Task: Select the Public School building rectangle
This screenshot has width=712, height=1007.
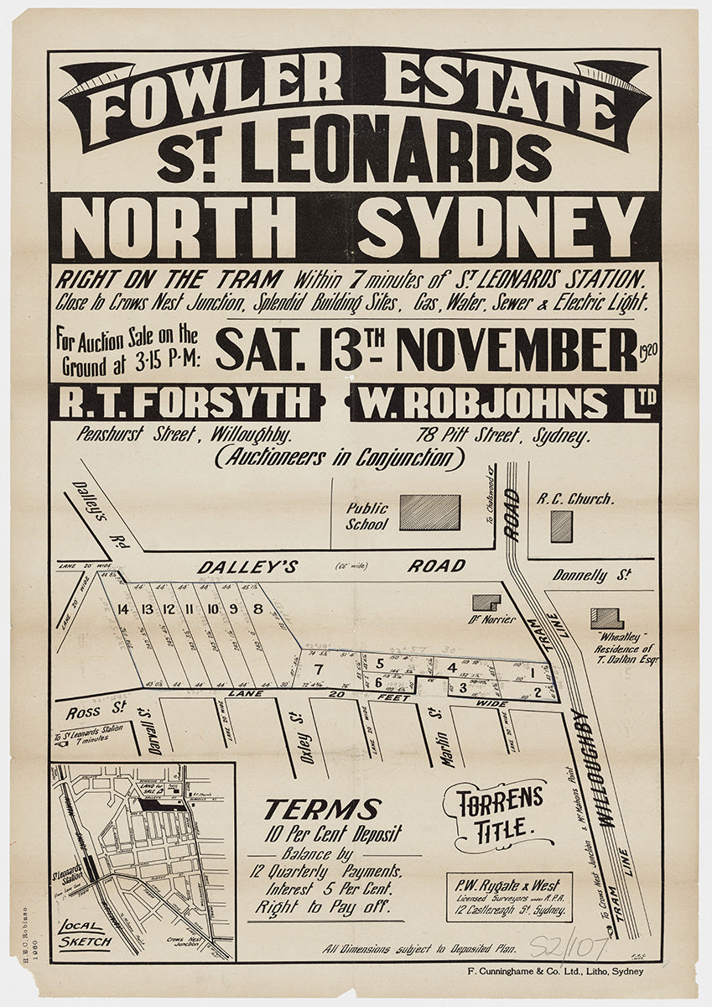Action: (x=429, y=512)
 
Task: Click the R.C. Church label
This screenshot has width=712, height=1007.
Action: (x=575, y=498)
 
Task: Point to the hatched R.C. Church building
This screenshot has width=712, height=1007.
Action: (x=562, y=526)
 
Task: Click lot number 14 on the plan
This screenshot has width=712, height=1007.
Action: (x=124, y=609)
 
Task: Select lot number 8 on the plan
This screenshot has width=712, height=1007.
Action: (x=258, y=609)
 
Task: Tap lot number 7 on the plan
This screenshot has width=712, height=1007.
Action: (x=318, y=669)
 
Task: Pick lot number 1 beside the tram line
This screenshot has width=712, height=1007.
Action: (x=532, y=672)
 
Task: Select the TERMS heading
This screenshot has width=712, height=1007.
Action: (x=322, y=810)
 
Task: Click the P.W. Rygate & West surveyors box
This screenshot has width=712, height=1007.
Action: (x=508, y=897)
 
